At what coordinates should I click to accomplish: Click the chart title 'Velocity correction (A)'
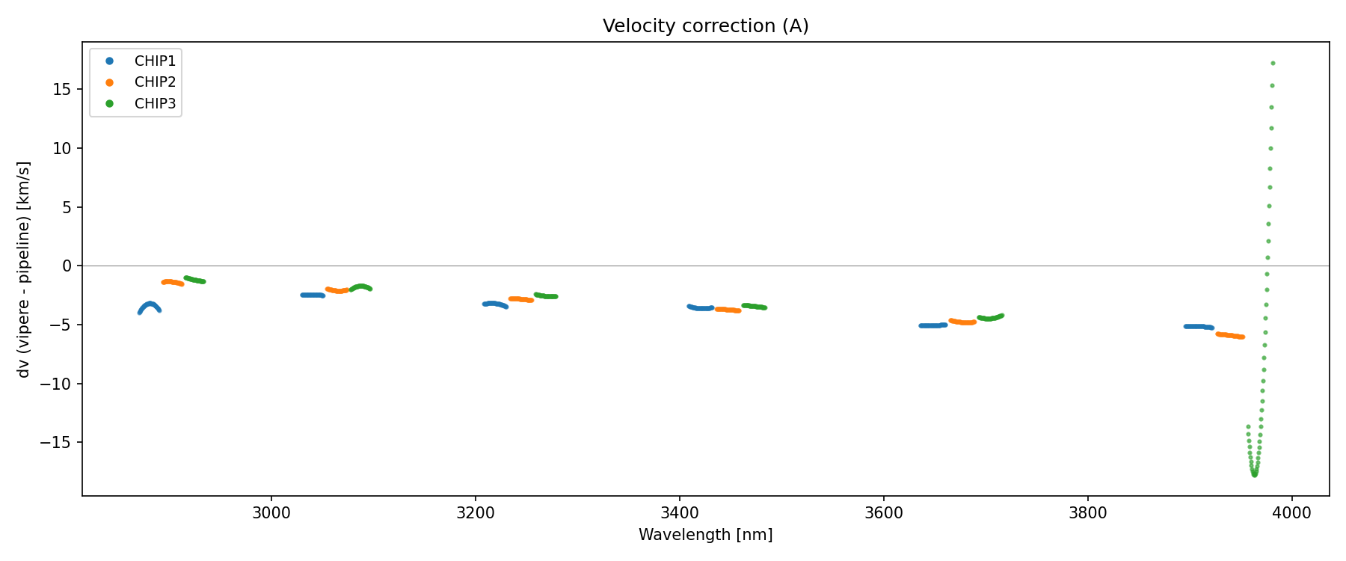705,26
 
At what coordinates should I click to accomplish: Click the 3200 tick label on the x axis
475,513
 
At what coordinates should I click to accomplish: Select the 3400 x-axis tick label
679,513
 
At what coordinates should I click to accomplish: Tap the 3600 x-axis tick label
883,513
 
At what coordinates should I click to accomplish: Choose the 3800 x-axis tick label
1087,513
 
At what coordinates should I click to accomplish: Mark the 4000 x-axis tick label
1291,513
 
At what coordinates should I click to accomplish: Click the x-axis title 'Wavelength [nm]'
705,535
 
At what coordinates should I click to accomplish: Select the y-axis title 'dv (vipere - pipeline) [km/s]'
24,269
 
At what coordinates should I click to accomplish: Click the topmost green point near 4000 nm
1273,64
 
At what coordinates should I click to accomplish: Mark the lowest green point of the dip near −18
1254,475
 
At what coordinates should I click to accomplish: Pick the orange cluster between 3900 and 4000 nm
1230,336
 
